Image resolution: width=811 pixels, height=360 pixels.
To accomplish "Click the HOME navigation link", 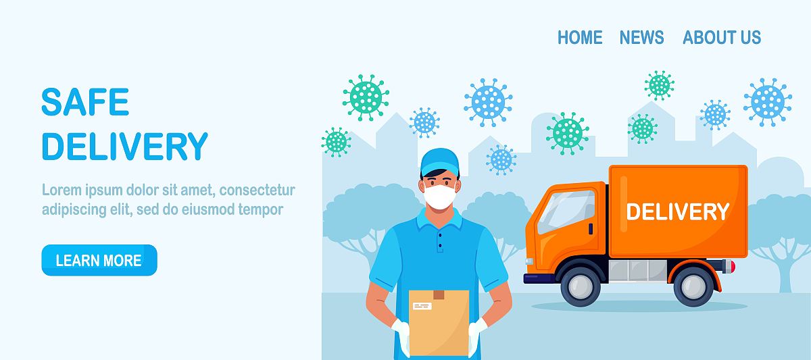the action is point(580,37).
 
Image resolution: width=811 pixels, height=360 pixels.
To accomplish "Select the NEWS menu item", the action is point(641,37).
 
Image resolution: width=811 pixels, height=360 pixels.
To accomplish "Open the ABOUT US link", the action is point(722,37).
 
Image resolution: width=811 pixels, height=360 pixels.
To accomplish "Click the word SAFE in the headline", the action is point(85,102).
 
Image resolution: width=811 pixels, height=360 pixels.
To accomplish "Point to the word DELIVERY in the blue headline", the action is point(125,146).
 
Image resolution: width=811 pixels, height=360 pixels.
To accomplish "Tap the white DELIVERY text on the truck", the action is point(677,211).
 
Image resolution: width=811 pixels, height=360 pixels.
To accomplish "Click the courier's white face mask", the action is point(440,197).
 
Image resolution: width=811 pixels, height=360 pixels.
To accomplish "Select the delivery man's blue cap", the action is point(439,161).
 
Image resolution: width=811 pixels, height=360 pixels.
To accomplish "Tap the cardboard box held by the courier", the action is point(439,322).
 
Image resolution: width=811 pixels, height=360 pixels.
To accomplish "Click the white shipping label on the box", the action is point(422,307).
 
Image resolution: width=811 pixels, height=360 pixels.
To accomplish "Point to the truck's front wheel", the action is point(581,286).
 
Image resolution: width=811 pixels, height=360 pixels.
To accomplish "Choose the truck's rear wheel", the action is point(693,286).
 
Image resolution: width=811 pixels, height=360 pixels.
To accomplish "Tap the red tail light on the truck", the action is point(733,267).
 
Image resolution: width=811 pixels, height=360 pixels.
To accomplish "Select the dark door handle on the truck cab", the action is point(591,229).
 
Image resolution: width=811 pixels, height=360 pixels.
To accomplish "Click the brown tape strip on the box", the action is point(439,294).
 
